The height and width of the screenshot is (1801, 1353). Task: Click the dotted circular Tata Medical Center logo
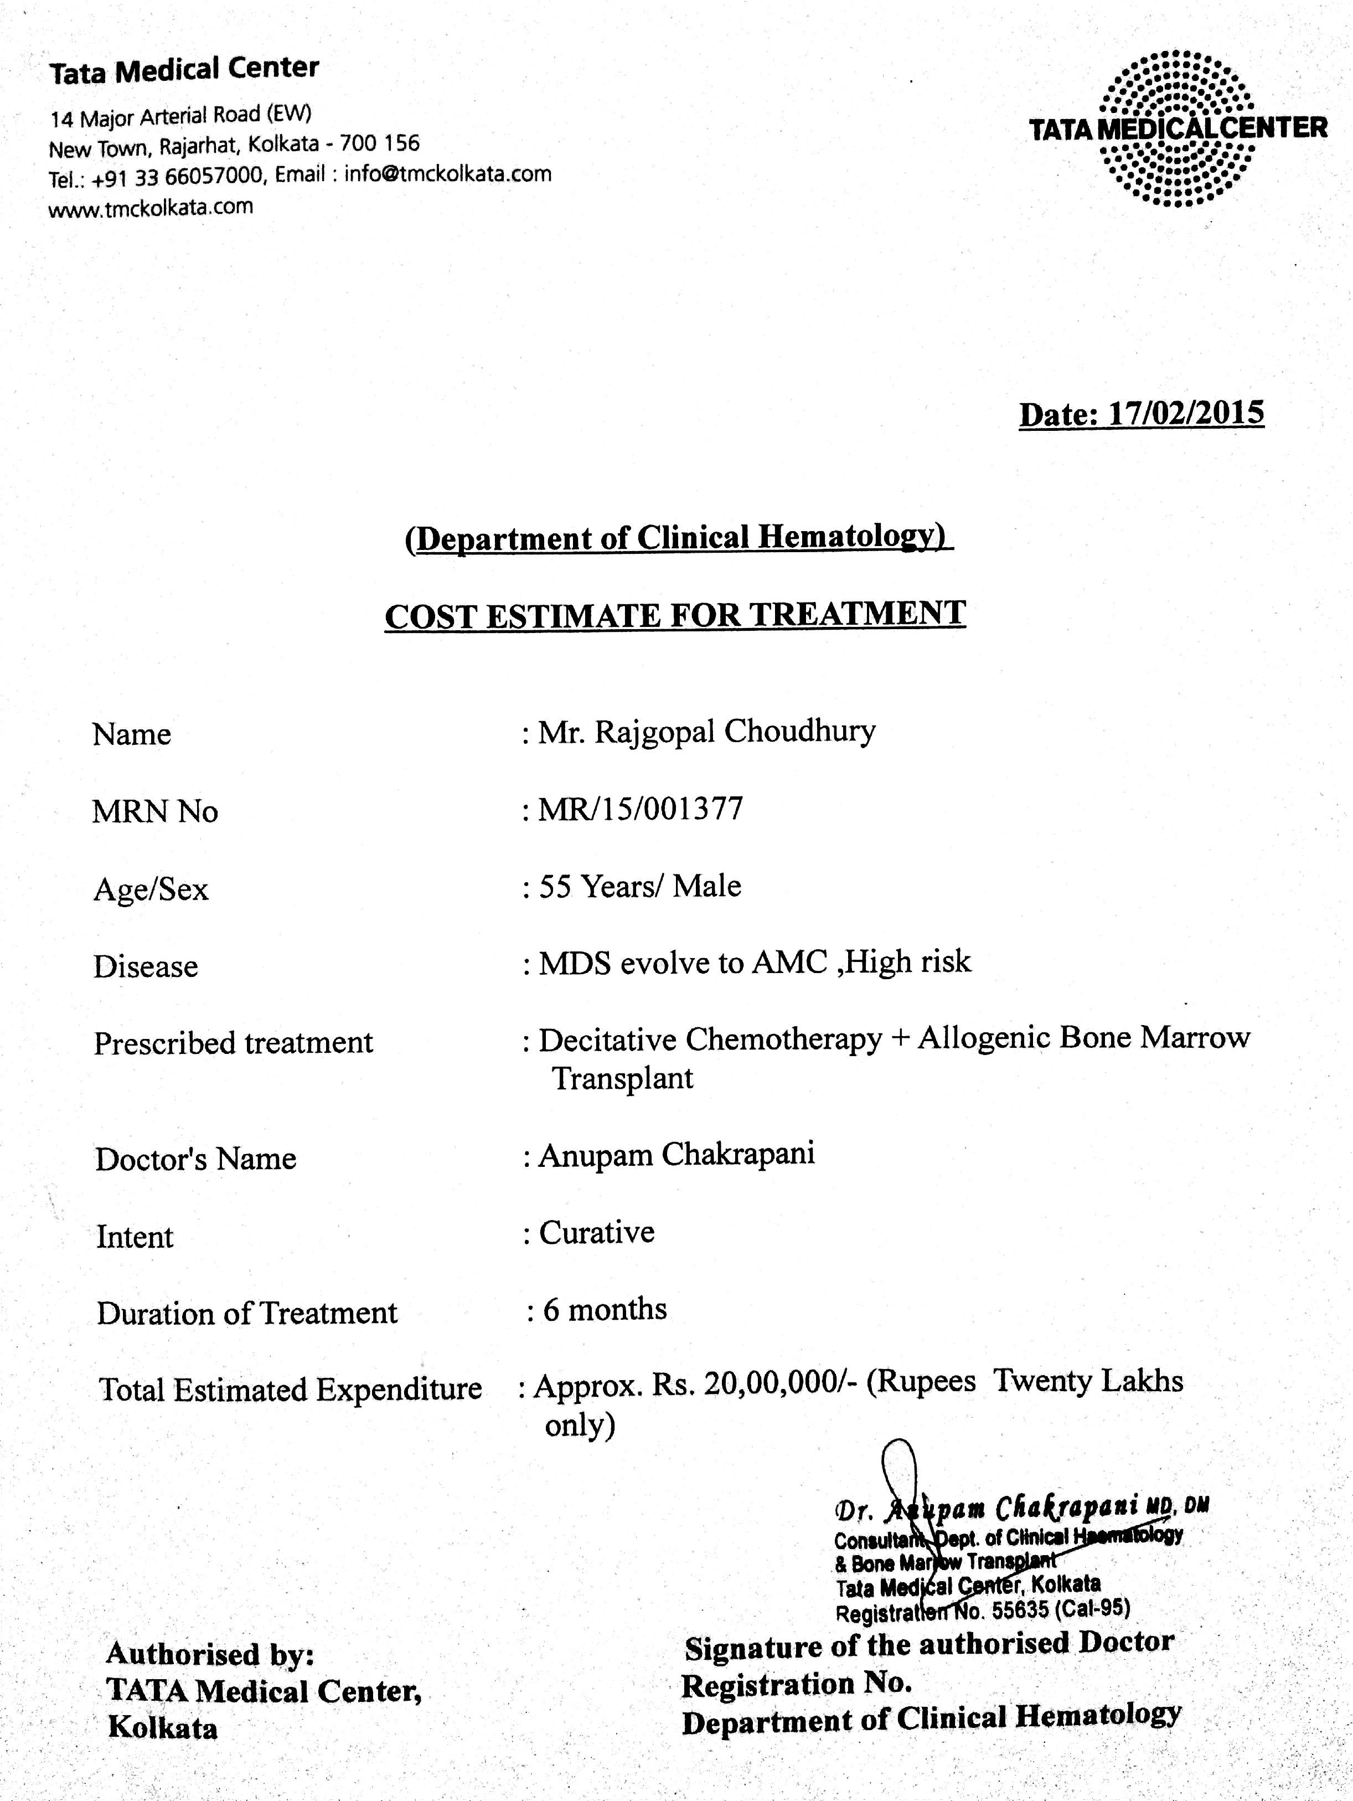click(x=1177, y=128)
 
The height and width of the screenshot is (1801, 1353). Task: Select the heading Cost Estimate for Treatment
click(x=675, y=615)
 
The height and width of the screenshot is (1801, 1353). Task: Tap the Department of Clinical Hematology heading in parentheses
click(x=679, y=537)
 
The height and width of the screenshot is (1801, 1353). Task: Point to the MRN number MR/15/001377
click(x=641, y=809)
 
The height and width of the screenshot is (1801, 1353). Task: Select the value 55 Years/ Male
click(x=640, y=886)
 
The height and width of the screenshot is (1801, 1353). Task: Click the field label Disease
click(x=146, y=966)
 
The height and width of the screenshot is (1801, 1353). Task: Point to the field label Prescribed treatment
click(x=234, y=1043)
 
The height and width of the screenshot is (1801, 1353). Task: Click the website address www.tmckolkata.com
click(x=152, y=208)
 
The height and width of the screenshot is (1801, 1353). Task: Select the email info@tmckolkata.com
click(x=448, y=173)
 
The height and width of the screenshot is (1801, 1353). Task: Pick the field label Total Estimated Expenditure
click(x=291, y=1389)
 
